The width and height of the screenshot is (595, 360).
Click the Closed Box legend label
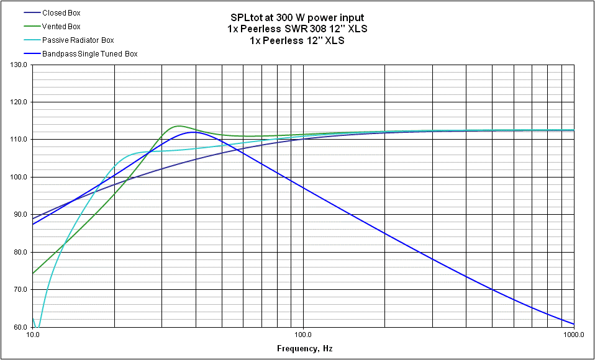pyautogui.click(x=61, y=12)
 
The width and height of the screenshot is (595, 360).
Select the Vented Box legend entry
pyautogui.click(x=61, y=26)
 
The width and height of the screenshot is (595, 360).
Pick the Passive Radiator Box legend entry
pyautogui.click(x=78, y=40)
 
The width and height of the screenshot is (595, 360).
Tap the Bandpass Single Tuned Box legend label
pyautogui.click(x=89, y=54)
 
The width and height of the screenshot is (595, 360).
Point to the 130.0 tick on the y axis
pyautogui.click(x=18, y=65)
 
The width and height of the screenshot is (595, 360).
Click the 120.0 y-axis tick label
pyautogui.click(x=18, y=102)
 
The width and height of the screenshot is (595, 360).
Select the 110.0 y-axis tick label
pyautogui.click(x=18, y=140)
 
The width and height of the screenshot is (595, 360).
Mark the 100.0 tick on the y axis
pyautogui.click(x=18, y=177)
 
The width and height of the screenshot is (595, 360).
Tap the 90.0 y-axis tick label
pyautogui.click(x=20, y=215)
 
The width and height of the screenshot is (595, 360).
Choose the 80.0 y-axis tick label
pyautogui.click(x=20, y=252)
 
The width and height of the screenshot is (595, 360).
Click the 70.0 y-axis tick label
pyautogui.click(x=20, y=289)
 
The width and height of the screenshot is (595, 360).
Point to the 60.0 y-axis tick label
pyautogui.click(x=20, y=327)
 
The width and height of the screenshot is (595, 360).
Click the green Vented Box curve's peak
pyautogui.click(x=179, y=126)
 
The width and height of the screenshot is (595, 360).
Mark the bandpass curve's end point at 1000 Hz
pyautogui.click(x=573, y=323)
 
